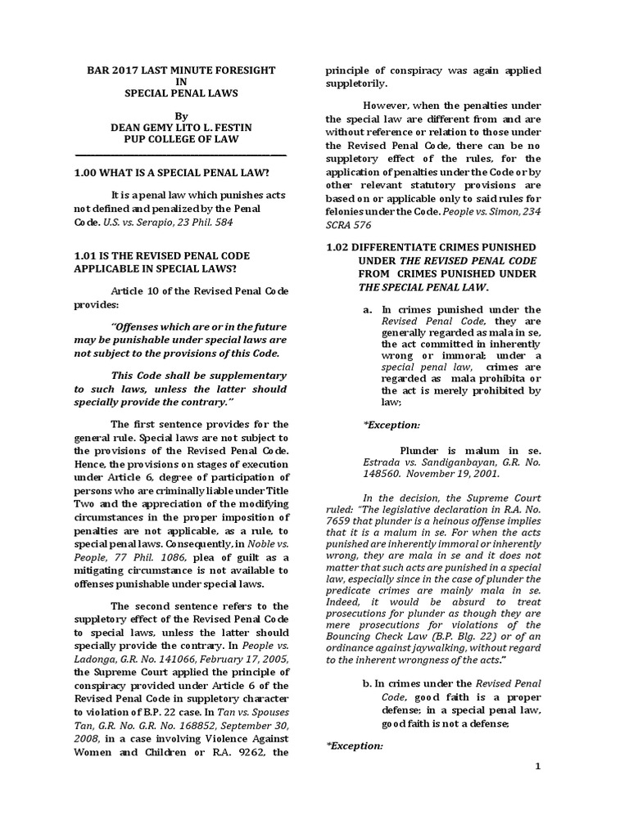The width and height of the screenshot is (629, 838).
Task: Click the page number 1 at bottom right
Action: (x=538, y=765)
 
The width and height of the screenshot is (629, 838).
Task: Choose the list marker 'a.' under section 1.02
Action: (x=368, y=309)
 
